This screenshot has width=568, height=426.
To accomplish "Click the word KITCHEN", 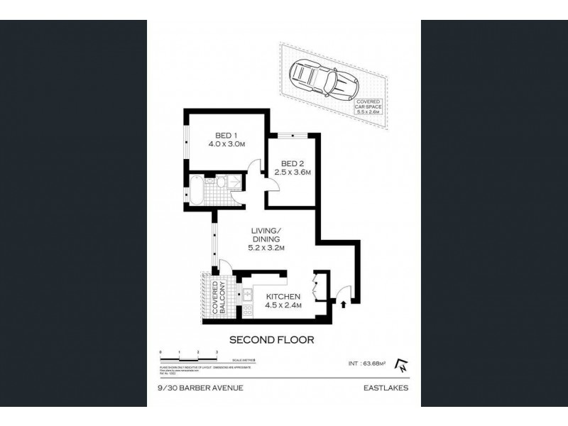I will pos(284,297).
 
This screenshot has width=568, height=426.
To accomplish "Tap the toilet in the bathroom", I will pos(221,183).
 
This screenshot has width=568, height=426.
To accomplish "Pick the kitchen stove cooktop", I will pos(248,311).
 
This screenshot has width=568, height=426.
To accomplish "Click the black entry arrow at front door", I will pos(344,305).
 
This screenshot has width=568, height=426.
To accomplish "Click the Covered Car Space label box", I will pos(372,107).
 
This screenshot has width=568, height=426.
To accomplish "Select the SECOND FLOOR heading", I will pos(271,339).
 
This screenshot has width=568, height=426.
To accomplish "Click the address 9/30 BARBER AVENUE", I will pos(190,388).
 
